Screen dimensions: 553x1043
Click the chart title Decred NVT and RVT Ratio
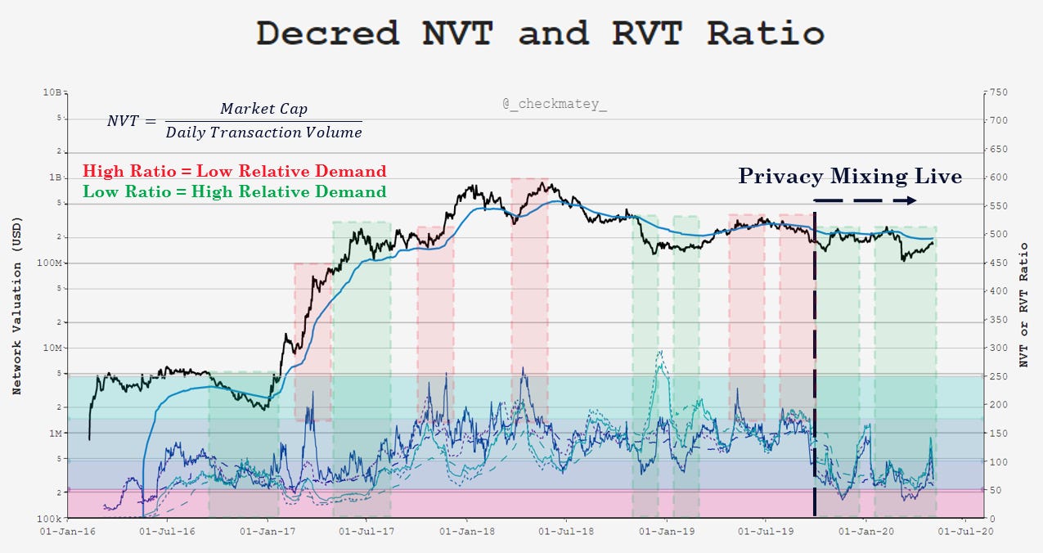pos(539,34)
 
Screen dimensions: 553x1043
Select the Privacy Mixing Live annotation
pos(850,176)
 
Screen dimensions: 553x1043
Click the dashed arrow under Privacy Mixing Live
pos(865,200)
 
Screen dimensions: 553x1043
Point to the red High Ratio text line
pos(234,171)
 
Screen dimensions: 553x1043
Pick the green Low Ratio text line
pos(234,191)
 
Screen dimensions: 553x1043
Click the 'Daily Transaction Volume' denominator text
pos(263,132)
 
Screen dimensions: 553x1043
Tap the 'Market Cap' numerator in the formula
pos(263,110)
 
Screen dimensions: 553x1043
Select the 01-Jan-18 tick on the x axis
pos(466,532)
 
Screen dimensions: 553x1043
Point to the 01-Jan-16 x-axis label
pos(67,532)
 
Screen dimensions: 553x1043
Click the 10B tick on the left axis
pos(53,92)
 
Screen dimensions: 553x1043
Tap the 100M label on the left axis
pos(49,263)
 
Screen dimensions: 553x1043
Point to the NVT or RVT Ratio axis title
pos(1024,304)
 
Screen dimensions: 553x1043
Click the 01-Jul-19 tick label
pos(765,532)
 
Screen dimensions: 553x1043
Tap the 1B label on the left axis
pos(55,178)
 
